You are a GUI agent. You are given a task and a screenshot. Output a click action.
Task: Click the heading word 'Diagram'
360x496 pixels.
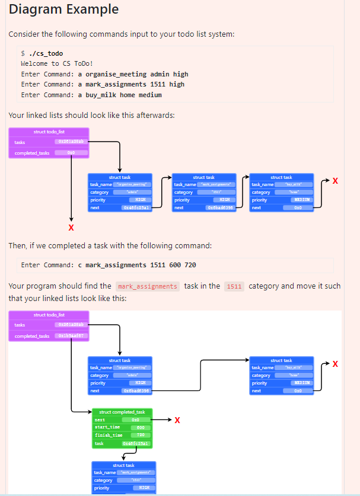[x=34, y=9]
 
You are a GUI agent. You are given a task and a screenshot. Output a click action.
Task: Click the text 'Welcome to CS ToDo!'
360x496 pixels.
[x=57, y=63]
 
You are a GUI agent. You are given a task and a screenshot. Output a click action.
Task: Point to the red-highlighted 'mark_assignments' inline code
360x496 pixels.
[x=147, y=287]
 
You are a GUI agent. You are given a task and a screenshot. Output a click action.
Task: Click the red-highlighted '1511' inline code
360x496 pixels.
[x=234, y=287]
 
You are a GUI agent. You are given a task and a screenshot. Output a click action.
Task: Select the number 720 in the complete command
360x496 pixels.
[x=190, y=265]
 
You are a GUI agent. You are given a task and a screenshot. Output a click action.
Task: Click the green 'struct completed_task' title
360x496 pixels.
[x=122, y=412]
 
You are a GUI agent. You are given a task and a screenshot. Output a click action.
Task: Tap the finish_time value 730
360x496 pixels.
[x=141, y=435]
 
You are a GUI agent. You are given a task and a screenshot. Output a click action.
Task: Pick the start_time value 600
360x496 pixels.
[x=141, y=427]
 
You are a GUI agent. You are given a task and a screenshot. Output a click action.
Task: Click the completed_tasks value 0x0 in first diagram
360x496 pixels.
[x=71, y=153]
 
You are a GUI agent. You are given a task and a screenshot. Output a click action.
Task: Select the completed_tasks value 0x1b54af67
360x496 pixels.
[x=72, y=336]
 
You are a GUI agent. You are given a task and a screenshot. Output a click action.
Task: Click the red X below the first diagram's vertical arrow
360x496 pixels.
[x=71, y=228]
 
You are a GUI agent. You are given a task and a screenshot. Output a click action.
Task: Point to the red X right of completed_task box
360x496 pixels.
[x=177, y=420]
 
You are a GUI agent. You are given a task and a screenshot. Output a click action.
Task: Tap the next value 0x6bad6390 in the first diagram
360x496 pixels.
[x=220, y=208]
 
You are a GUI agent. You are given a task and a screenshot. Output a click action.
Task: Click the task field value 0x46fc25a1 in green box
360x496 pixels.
[x=136, y=443]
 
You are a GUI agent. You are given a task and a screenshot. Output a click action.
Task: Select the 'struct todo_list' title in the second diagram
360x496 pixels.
[x=49, y=315]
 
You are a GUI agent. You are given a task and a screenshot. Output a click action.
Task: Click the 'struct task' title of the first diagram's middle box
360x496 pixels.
[x=203, y=177]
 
